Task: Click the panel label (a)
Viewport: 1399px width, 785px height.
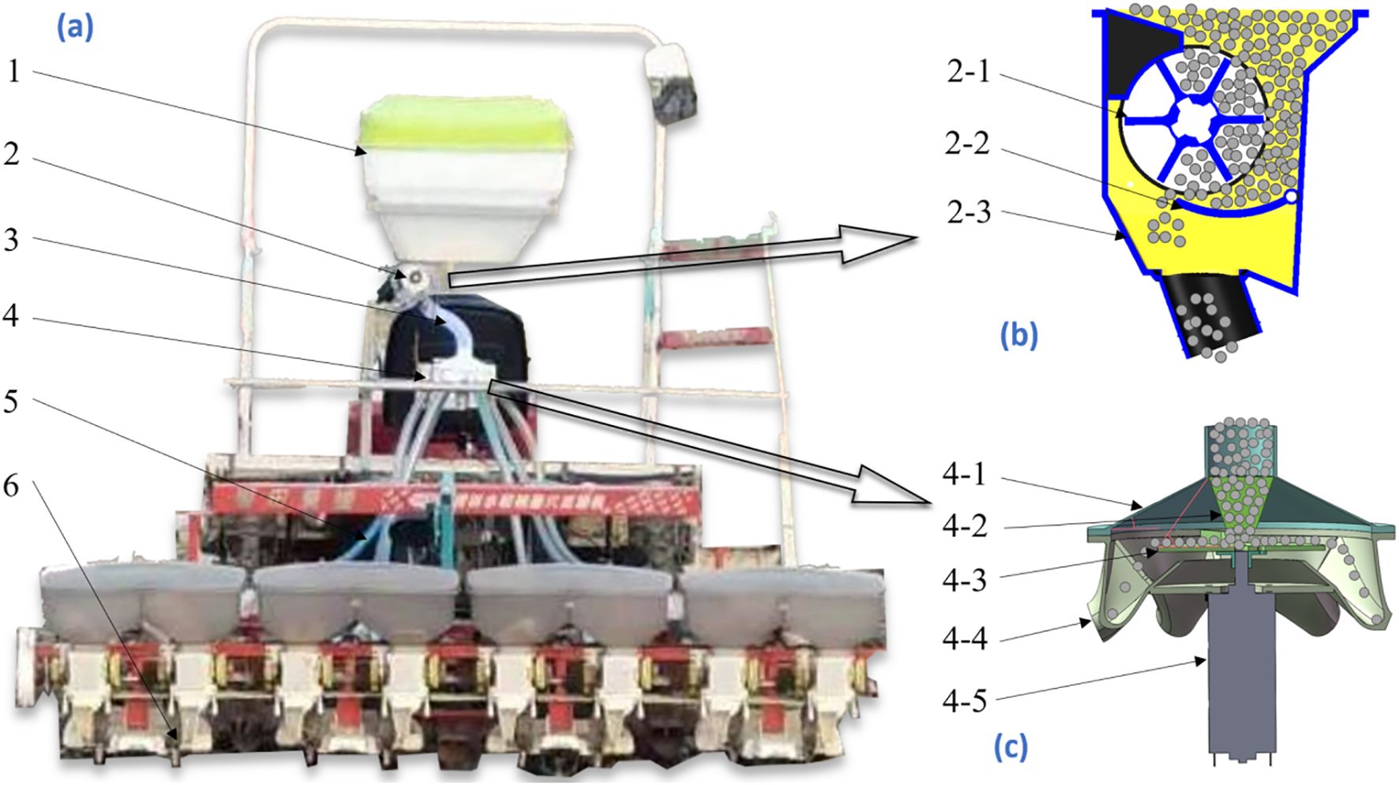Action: [x=74, y=28]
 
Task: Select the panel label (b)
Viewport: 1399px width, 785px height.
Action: [x=1018, y=335]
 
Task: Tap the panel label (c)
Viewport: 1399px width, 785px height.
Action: [x=1011, y=746]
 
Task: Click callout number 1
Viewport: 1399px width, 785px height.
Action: [x=13, y=72]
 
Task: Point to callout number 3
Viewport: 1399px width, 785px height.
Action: [x=11, y=239]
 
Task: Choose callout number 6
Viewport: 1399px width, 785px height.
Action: [x=11, y=486]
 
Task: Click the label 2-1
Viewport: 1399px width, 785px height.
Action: [x=968, y=72]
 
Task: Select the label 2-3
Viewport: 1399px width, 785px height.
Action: [x=968, y=211]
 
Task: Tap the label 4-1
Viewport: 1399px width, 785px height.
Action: [x=964, y=475]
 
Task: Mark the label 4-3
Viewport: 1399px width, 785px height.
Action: [x=964, y=580]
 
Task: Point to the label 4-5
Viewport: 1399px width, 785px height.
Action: [x=964, y=700]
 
